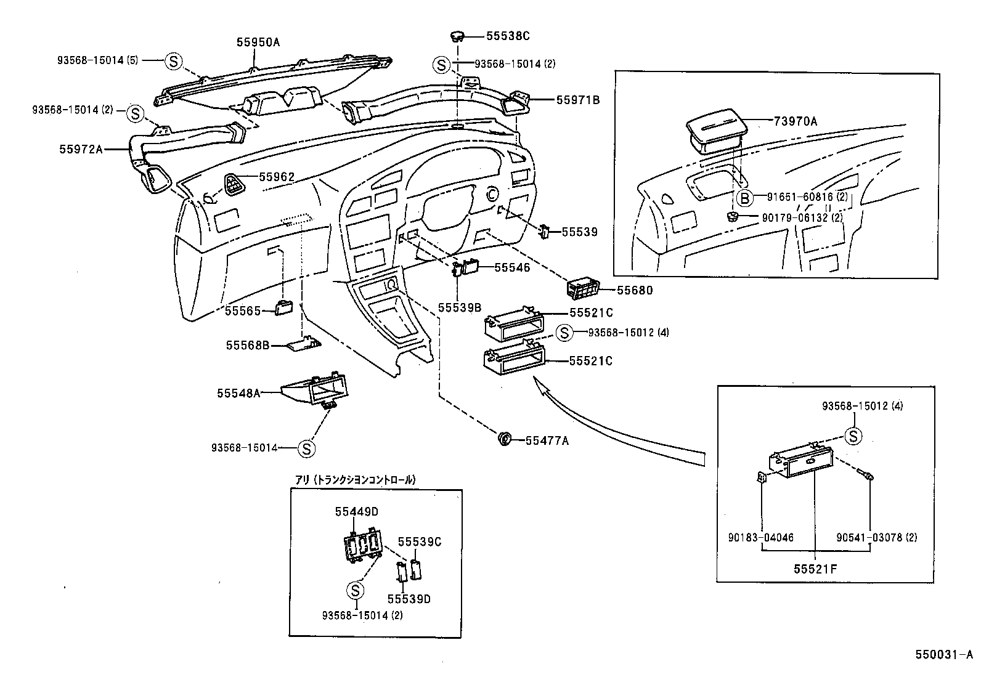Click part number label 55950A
258,42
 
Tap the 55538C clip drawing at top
457,36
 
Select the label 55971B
577,99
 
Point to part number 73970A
796,121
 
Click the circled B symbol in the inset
745,198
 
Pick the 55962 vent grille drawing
234,183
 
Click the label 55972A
81,148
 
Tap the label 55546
512,267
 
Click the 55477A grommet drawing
504,439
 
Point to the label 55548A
238,392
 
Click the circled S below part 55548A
306,448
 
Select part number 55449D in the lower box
356,511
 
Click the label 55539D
409,599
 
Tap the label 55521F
815,569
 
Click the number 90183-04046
760,537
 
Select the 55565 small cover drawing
284,308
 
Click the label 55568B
248,346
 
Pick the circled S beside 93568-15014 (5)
174,61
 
